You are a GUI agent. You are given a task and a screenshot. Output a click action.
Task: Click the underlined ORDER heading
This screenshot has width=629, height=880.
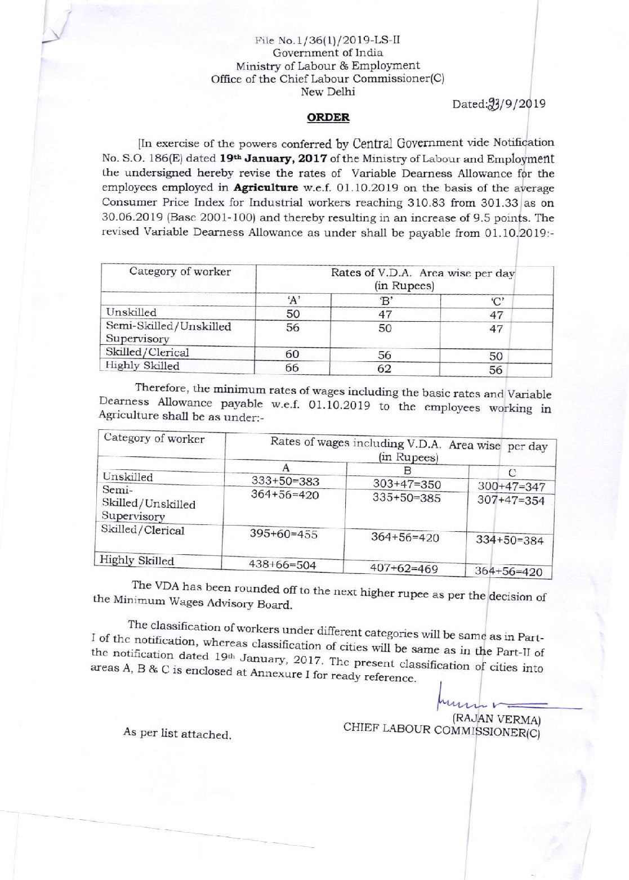click(x=328, y=118)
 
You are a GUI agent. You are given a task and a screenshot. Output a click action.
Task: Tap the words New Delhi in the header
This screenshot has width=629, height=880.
click(x=328, y=92)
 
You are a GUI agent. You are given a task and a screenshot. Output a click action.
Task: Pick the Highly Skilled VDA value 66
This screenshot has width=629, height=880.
click(x=292, y=368)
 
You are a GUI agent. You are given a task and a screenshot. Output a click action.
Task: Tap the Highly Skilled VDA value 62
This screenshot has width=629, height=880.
click(x=384, y=369)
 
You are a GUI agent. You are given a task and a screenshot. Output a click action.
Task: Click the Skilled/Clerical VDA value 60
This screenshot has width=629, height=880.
click(x=292, y=354)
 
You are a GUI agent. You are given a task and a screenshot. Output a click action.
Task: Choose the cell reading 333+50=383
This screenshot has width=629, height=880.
click(x=285, y=482)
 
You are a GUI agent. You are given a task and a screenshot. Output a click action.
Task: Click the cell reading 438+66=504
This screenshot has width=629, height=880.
click(x=283, y=564)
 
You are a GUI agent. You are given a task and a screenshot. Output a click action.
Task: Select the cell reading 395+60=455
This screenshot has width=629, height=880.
click(x=284, y=534)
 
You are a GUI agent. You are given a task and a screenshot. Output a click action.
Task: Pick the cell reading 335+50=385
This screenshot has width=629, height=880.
click(x=407, y=498)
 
